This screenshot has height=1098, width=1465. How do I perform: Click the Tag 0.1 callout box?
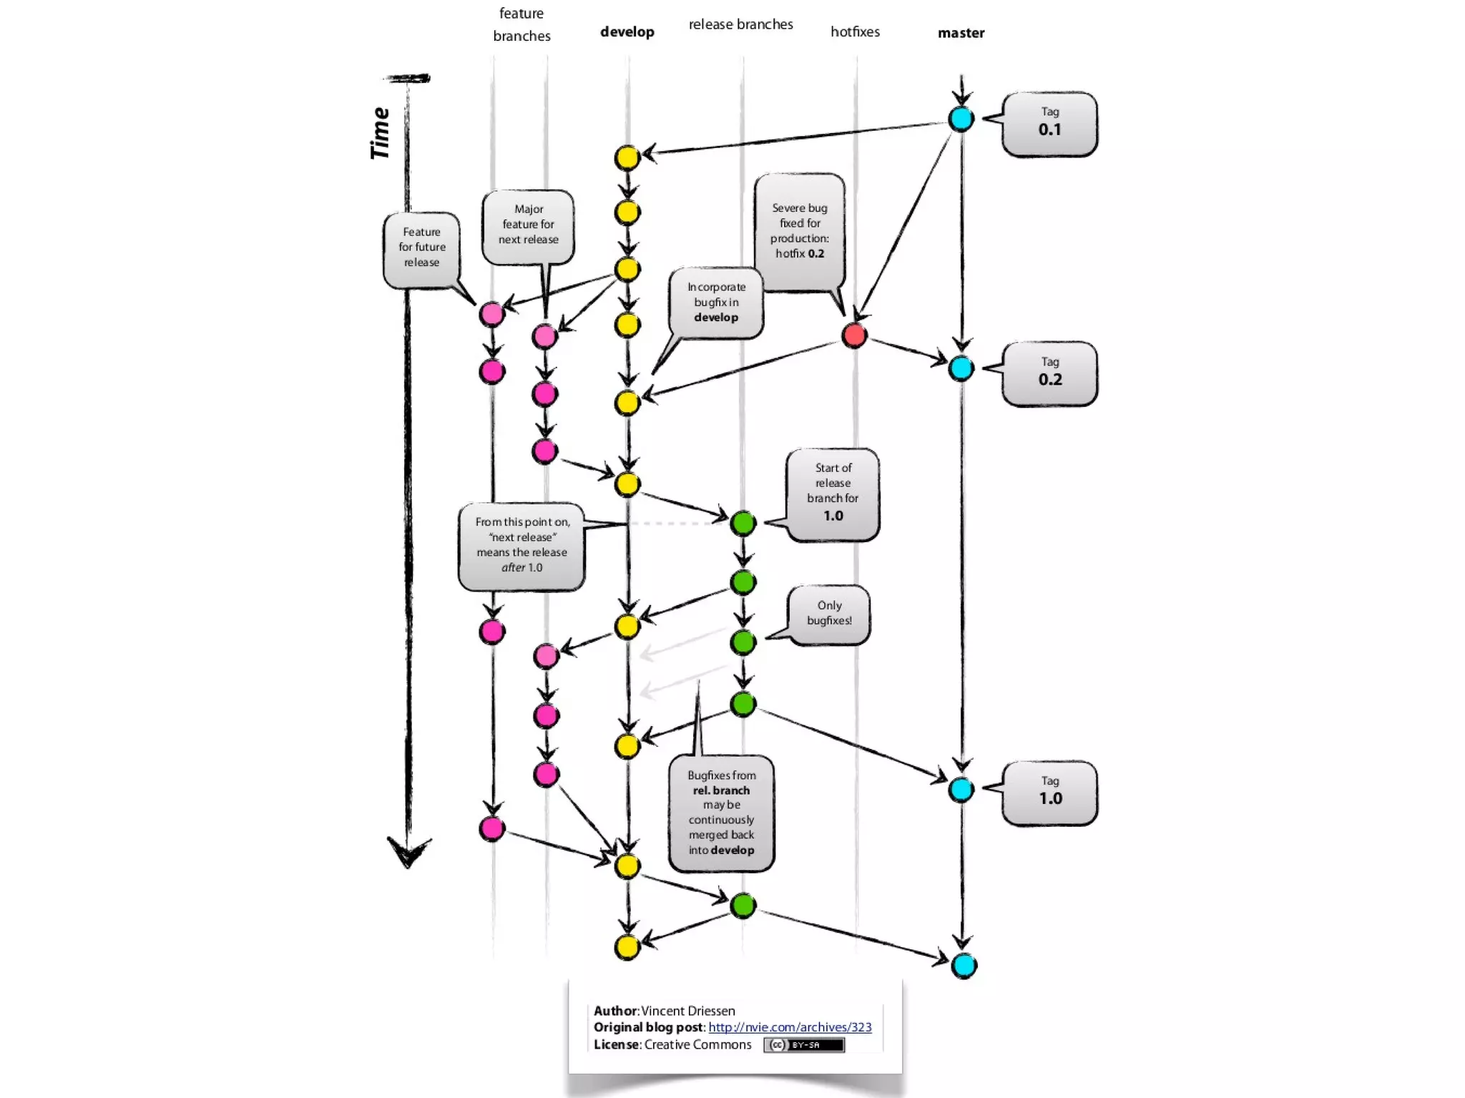pyautogui.click(x=1049, y=124)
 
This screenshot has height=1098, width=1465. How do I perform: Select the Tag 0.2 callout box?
pyautogui.click(x=1049, y=373)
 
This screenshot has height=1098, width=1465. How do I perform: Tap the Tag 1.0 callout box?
pyautogui.click(x=1049, y=793)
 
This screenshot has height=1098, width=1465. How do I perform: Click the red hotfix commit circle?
pyautogui.click(x=854, y=335)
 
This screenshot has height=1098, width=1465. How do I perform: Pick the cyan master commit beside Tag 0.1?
pyautogui.click(x=961, y=119)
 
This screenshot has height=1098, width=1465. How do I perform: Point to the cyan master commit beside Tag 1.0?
pyautogui.click(x=961, y=790)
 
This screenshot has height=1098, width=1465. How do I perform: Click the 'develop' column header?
pyautogui.click(x=627, y=31)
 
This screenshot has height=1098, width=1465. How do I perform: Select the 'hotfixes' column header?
pyautogui.click(x=855, y=31)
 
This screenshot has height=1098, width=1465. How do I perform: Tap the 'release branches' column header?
pyautogui.click(x=740, y=24)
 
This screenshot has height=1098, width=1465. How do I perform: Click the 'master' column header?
pyautogui.click(x=961, y=33)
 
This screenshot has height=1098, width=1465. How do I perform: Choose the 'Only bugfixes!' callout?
pyautogui.click(x=829, y=614)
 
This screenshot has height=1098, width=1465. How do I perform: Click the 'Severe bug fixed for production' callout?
pyautogui.click(x=800, y=230)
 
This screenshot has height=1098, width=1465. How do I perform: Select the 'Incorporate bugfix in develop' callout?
pyautogui.click(x=716, y=302)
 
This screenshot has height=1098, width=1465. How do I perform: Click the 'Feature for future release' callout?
pyautogui.click(x=421, y=247)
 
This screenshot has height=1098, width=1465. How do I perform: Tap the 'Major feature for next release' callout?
pyautogui.click(x=528, y=225)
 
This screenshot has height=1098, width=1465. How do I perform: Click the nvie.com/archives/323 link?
pyautogui.click(x=790, y=1027)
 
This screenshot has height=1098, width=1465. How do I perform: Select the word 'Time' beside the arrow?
pyautogui.click(x=380, y=133)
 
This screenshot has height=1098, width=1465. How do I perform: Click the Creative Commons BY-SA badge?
pyautogui.click(x=803, y=1045)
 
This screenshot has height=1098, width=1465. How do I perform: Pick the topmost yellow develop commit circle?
pyautogui.click(x=627, y=157)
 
